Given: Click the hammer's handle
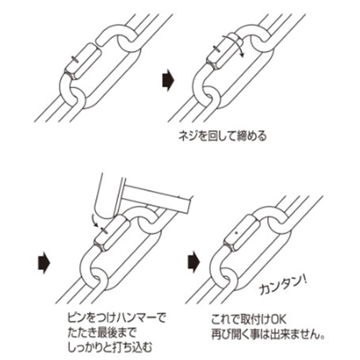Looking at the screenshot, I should point(155,193).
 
